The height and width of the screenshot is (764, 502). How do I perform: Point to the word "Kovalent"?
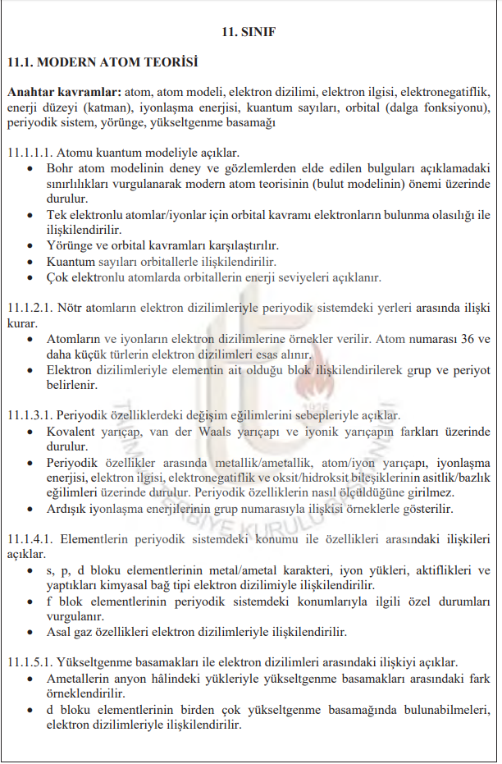72,431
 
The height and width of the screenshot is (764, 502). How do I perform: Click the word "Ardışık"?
70,509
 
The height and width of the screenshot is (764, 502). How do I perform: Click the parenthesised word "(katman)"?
104,108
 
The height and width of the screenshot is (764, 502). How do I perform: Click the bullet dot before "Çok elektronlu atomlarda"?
30,277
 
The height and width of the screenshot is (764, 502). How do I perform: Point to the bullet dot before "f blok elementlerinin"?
30,602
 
